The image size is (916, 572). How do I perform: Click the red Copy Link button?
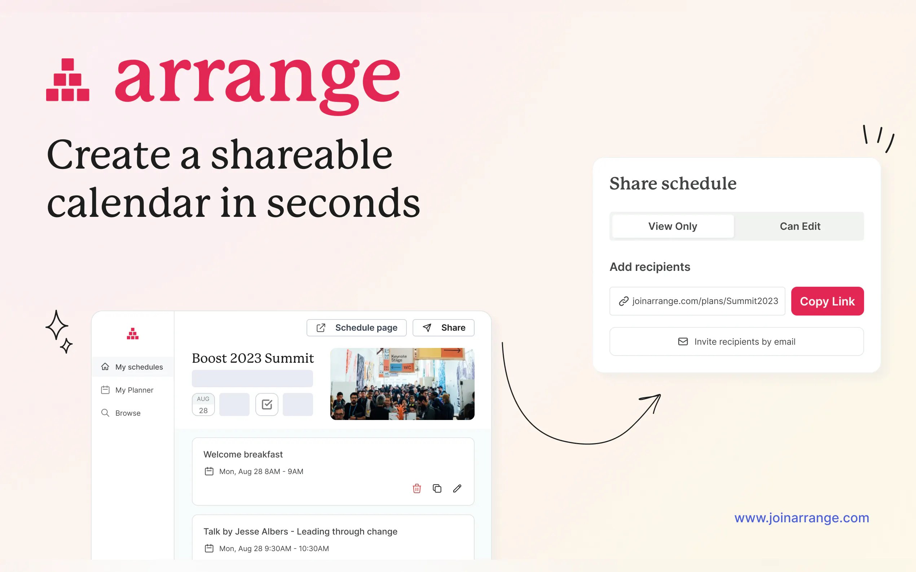pyautogui.click(x=827, y=301)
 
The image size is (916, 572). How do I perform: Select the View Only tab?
pyautogui.click(x=673, y=226)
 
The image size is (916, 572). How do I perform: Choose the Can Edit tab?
pyautogui.click(x=800, y=226)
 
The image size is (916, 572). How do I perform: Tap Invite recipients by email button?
pyautogui.click(x=736, y=341)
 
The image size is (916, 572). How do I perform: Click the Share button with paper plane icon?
pyautogui.click(x=444, y=328)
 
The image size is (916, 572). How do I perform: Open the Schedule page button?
pyautogui.click(x=356, y=328)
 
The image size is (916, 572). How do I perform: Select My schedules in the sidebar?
pyautogui.click(x=133, y=367)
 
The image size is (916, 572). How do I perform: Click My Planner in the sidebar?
pyautogui.click(x=127, y=390)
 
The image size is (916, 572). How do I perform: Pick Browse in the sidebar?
pyautogui.click(x=121, y=413)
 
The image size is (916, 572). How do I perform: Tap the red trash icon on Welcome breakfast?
pyautogui.click(x=417, y=488)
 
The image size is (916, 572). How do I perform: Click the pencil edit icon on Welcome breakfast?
pyautogui.click(x=457, y=488)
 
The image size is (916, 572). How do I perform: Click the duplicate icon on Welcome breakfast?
pyautogui.click(x=437, y=488)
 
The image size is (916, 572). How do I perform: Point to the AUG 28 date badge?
pyautogui.click(x=203, y=405)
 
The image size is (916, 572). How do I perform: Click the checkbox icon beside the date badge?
pyautogui.click(x=267, y=405)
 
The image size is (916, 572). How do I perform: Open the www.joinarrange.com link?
pyautogui.click(x=802, y=518)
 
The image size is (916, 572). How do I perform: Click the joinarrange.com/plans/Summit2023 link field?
pyautogui.click(x=697, y=301)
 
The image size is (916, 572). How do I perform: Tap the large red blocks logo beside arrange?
pyautogui.click(x=68, y=80)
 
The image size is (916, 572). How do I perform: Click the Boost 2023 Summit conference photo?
pyautogui.click(x=402, y=384)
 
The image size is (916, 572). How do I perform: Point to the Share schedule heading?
pyautogui.click(x=673, y=183)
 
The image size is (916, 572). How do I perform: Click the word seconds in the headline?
pyautogui.click(x=343, y=203)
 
